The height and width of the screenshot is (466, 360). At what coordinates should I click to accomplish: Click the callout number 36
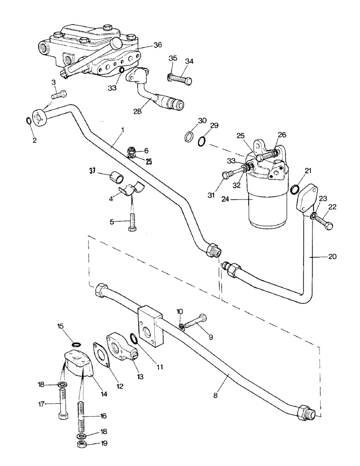[x=158, y=45]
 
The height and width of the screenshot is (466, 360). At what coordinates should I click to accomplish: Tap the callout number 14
[x=104, y=394]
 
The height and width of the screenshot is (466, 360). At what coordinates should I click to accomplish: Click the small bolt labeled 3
[x=59, y=96]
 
